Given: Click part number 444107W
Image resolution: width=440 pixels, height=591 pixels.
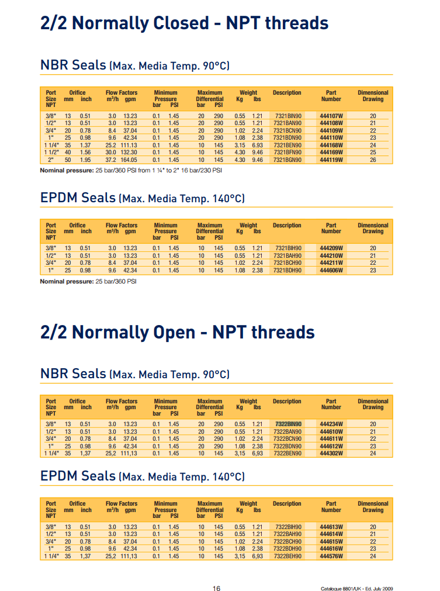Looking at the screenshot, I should point(331,116).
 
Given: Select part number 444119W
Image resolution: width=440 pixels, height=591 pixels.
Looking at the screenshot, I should point(331,159).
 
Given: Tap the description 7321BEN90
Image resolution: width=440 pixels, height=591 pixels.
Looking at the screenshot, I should point(287,144).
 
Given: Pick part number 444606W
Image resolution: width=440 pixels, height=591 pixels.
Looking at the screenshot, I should point(331,270).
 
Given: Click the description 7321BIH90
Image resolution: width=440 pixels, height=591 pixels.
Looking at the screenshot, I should point(287,248).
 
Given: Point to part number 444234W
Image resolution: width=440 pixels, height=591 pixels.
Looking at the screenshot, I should point(331,424).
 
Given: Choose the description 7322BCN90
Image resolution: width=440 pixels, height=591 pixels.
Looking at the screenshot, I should point(287,438).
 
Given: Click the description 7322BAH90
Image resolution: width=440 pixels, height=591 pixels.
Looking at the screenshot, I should point(287,534).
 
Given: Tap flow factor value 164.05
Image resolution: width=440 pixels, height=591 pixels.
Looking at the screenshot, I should point(129,159).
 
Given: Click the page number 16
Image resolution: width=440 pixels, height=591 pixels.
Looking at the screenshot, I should point(216,588).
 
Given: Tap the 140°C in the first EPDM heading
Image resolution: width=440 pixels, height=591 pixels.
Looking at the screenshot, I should point(223,199).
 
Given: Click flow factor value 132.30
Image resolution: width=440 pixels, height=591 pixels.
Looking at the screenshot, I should point(129,152).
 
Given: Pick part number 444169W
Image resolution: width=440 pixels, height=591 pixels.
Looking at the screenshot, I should point(331,152).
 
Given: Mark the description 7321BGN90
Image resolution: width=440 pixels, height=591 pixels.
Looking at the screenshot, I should point(287,159).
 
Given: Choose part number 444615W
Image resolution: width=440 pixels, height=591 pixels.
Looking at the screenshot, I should point(331,541).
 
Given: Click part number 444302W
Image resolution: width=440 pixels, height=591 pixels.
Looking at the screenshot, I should point(331,453).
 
